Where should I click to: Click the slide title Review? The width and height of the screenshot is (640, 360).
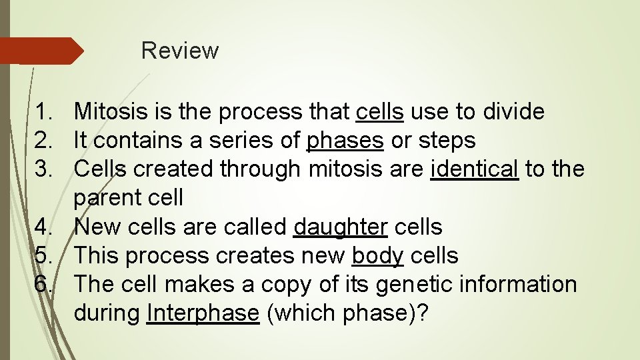180,51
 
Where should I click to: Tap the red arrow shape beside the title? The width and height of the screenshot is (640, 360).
40,51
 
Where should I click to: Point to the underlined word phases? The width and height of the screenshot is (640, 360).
345,141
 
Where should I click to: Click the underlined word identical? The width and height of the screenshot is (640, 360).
475,169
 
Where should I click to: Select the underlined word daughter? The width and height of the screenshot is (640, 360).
340,227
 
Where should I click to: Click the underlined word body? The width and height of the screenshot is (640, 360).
378,255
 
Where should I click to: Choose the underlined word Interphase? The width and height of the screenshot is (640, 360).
203,313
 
